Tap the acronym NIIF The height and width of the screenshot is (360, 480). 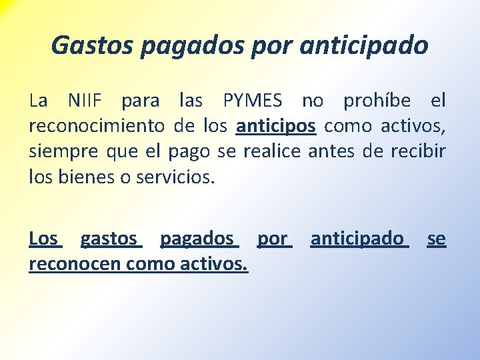85,101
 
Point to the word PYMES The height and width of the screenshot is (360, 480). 253,101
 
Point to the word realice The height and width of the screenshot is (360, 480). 273,151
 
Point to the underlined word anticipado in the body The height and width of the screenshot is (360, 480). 357,239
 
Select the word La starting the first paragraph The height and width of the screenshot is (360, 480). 38,101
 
